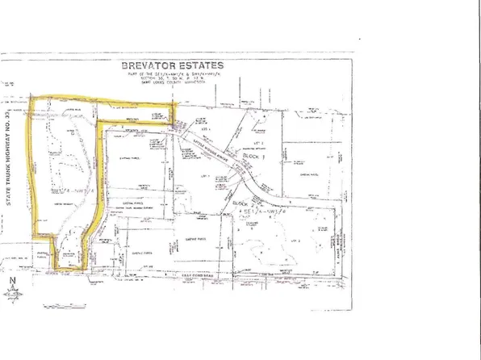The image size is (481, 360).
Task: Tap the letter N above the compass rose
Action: (15, 280)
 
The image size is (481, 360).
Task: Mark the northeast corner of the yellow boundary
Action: (174, 104)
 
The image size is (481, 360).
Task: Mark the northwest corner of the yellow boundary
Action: (31, 98)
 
